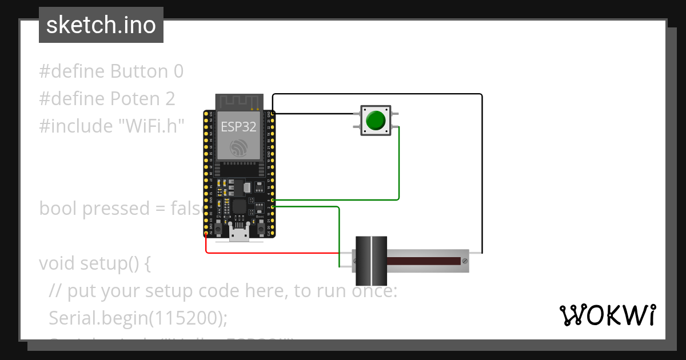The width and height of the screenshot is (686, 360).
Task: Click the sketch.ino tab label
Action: pos(101,25)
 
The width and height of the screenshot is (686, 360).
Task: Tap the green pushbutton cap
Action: pos(376,121)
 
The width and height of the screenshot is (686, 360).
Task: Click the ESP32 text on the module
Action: pos(238,127)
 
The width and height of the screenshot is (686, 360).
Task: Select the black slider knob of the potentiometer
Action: pos(371,261)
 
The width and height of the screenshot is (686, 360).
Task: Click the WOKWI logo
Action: pos(607,315)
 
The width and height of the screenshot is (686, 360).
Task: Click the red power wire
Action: pos(269,252)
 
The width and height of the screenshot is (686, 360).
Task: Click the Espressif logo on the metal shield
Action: pos(238,148)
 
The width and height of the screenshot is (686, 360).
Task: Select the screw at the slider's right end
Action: pos(464,261)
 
